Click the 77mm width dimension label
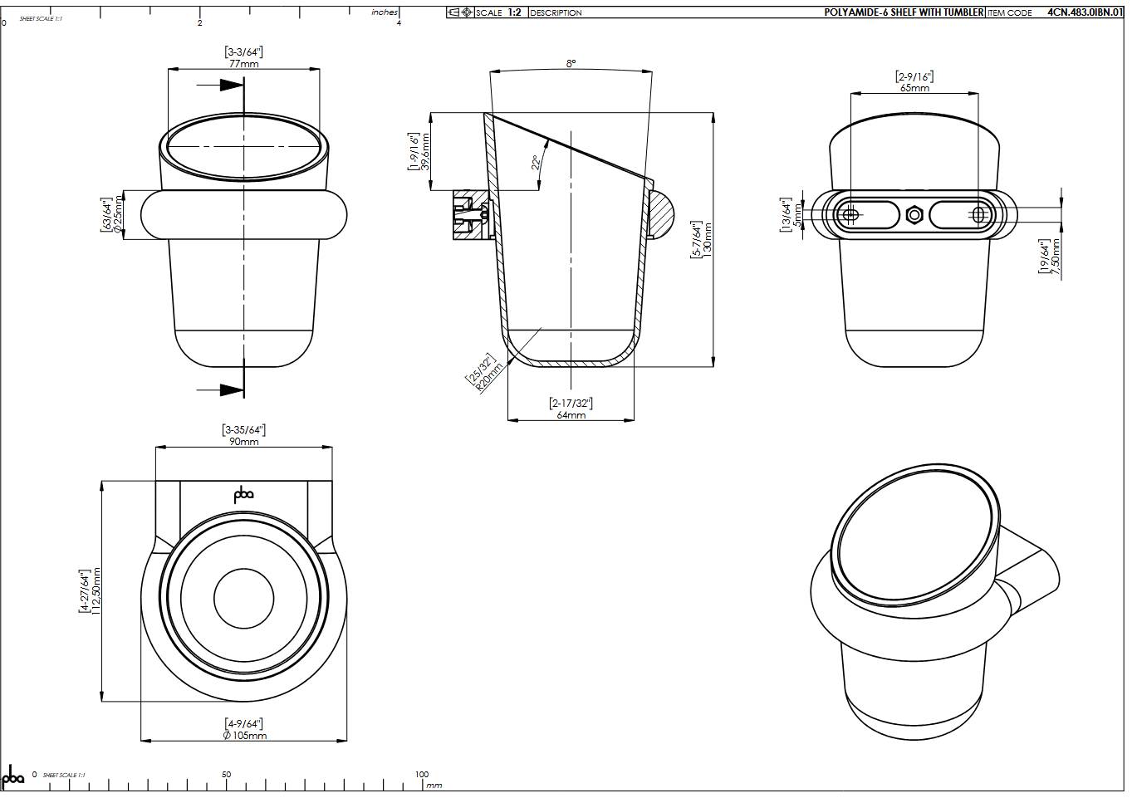243,64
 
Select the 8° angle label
571,63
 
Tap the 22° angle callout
537,162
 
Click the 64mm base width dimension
571,414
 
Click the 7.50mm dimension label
1056,258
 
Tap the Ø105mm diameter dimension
244,735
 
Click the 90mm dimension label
244,442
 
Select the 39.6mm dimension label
425,152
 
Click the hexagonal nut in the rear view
914,214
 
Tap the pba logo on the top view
243,495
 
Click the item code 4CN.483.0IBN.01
1085,12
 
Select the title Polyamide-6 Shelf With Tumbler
904,12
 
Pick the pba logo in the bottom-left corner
13,778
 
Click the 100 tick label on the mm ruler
422,774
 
